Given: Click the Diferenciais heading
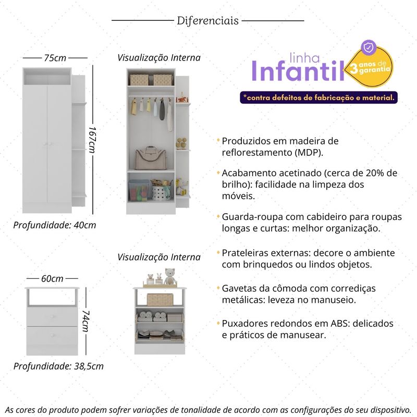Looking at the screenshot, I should [208, 21].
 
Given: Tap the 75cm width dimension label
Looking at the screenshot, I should [55, 57].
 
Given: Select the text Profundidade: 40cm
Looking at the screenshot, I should [55, 225].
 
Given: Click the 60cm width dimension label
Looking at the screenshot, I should [52, 279].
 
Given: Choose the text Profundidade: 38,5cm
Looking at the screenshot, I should [58, 366].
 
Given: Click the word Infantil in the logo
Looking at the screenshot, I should [298, 72].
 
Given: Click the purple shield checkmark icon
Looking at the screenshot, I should [369, 47].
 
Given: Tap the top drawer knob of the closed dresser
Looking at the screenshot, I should [52, 316].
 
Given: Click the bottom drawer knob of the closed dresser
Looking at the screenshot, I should [52, 334].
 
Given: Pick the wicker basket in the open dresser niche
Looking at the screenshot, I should [160, 299].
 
